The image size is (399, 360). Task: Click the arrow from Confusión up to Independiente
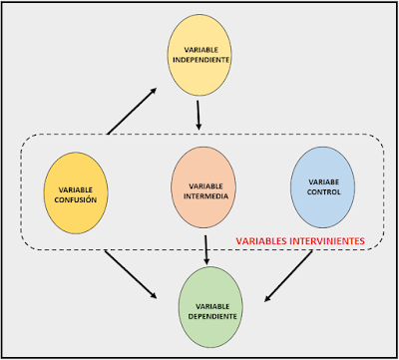[x=131, y=111]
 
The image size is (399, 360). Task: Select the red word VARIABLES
[x=259, y=241]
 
